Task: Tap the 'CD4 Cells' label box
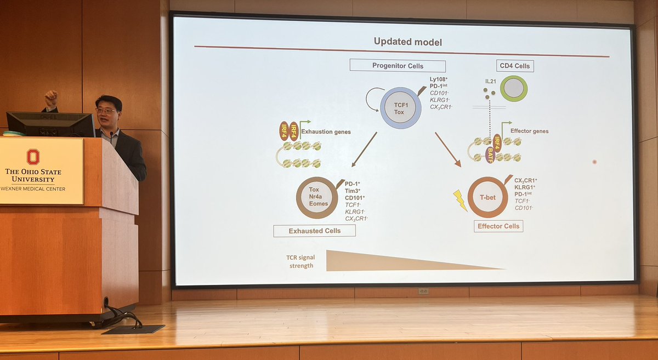point(515,66)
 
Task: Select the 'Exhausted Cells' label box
point(314,231)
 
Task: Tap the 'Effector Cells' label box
point(498,226)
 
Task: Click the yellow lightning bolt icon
point(460,200)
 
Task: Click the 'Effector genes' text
point(529,132)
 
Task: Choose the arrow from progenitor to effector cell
point(448,148)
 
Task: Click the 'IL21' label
point(491,81)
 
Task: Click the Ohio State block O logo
point(33,157)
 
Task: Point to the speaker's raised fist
point(52,99)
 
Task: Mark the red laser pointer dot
point(594,162)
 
